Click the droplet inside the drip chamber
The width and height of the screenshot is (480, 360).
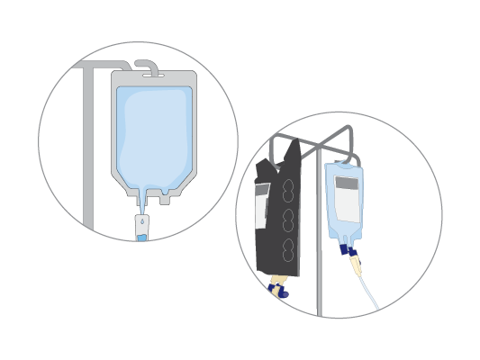(142, 220)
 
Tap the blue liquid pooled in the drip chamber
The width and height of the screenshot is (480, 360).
(142, 237)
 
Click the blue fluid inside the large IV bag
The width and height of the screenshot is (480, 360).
(153, 135)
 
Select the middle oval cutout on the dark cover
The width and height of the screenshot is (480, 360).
(288, 220)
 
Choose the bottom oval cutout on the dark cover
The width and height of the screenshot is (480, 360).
(288, 247)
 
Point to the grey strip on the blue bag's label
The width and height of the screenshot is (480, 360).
(347, 183)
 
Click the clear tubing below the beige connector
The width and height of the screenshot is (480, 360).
(369, 292)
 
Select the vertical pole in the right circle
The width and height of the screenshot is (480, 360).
(319, 243)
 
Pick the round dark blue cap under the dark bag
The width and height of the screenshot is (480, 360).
(283, 293)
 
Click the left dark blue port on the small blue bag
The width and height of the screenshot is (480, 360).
(345, 248)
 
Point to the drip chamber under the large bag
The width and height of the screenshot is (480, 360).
(142, 225)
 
